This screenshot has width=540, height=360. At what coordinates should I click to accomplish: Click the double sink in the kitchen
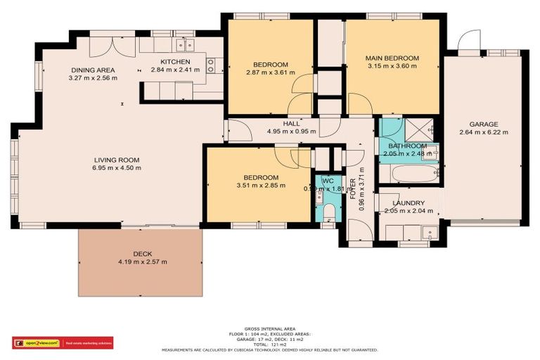click(186, 46)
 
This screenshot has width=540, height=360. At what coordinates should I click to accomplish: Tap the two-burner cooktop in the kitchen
click(210, 66)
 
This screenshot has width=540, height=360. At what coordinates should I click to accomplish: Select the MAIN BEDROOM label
click(392, 58)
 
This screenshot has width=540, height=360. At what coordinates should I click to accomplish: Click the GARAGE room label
click(484, 124)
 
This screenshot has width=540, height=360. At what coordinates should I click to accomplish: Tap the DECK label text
click(143, 254)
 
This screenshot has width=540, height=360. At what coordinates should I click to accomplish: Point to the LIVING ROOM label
click(117, 160)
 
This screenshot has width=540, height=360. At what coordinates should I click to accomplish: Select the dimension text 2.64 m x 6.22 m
click(484, 132)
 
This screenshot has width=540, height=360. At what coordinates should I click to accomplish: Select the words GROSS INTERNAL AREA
click(269, 328)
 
